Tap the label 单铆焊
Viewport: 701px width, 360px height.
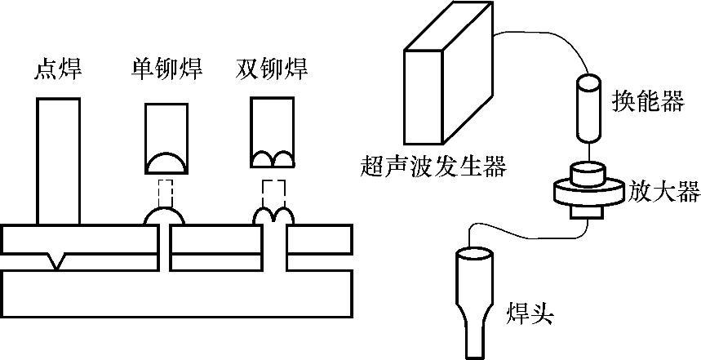pos(166,69)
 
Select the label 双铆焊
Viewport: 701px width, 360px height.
pos(273,69)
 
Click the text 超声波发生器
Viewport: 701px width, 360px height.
pos(433,168)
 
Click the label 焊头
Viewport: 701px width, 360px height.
pos(530,313)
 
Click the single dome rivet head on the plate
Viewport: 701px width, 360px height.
pos(164,216)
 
